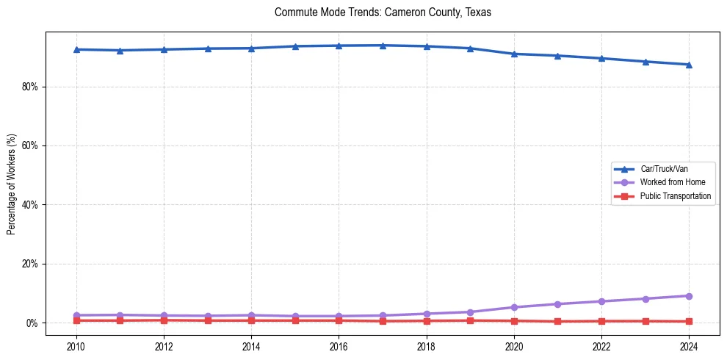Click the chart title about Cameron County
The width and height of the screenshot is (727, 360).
tap(383, 12)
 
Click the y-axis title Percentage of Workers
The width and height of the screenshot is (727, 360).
tap(12, 184)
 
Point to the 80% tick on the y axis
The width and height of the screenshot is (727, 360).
tap(29, 87)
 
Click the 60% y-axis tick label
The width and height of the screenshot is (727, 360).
tap(29, 145)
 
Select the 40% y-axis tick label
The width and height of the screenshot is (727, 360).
tap(29, 205)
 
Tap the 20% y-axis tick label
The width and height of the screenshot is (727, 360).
tap(29, 264)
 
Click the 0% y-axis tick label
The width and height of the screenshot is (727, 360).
tap(32, 323)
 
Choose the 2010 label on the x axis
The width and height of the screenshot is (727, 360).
tap(76, 346)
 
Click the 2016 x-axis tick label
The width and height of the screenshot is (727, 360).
tap(339, 346)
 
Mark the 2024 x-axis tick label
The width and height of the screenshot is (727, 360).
tap(689, 346)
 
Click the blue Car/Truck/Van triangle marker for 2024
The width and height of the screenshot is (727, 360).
tap(689, 65)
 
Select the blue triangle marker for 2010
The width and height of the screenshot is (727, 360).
tap(76, 49)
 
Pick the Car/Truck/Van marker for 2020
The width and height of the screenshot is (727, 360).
tap(514, 54)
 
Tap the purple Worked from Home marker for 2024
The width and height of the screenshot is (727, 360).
tap(689, 296)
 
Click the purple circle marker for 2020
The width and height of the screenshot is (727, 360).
tap(514, 307)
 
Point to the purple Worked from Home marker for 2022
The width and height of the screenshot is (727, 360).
tap(601, 301)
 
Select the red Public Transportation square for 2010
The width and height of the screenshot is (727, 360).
tap(76, 320)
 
